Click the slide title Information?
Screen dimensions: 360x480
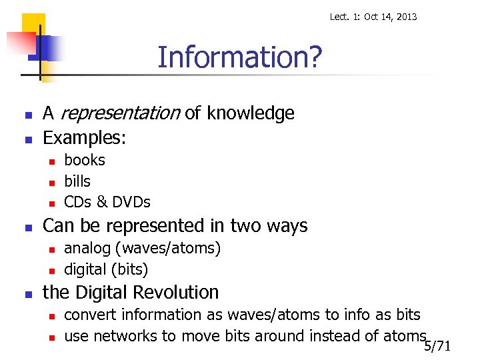coord(239,58)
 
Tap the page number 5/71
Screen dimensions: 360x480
coord(437,346)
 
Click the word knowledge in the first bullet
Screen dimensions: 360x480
coord(250,113)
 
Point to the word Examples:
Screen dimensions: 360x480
coord(84,138)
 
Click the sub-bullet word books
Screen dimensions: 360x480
coord(85,160)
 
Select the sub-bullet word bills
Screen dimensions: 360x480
coord(77,181)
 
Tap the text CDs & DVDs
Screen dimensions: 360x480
coord(107,202)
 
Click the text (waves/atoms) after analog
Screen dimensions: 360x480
coord(168,248)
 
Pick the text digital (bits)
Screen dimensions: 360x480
coord(106,269)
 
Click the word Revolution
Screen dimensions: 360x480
coord(177,292)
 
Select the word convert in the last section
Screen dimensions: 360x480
coord(87,315)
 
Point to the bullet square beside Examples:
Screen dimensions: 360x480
coord(27,140)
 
